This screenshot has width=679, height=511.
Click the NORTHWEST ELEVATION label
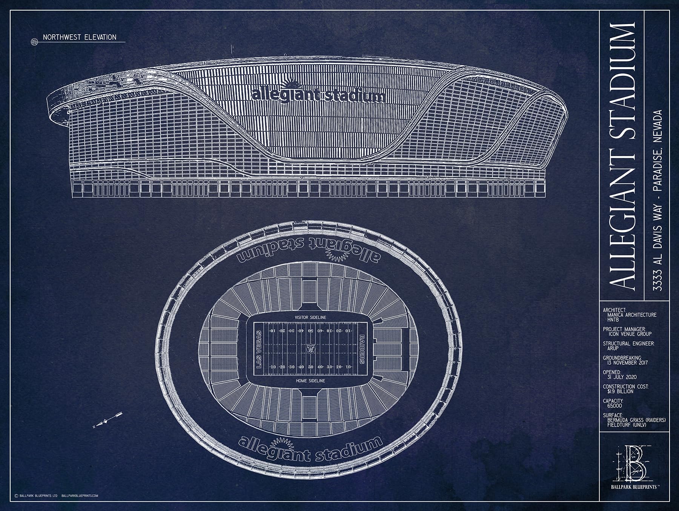click(x=79, y=37)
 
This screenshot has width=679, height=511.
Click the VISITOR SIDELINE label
click(x=310, y=317)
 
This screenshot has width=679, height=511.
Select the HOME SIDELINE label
click(x=310, y=381)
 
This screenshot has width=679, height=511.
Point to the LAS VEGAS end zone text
click(x=259, y=349)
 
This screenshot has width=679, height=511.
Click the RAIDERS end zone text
click(x=361, y=349)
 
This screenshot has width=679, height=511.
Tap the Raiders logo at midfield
click(x=310, y=349)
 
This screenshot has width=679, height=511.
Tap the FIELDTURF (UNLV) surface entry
click(x=627, y=425)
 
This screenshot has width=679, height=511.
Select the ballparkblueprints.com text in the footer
click(x=79, y=496)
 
